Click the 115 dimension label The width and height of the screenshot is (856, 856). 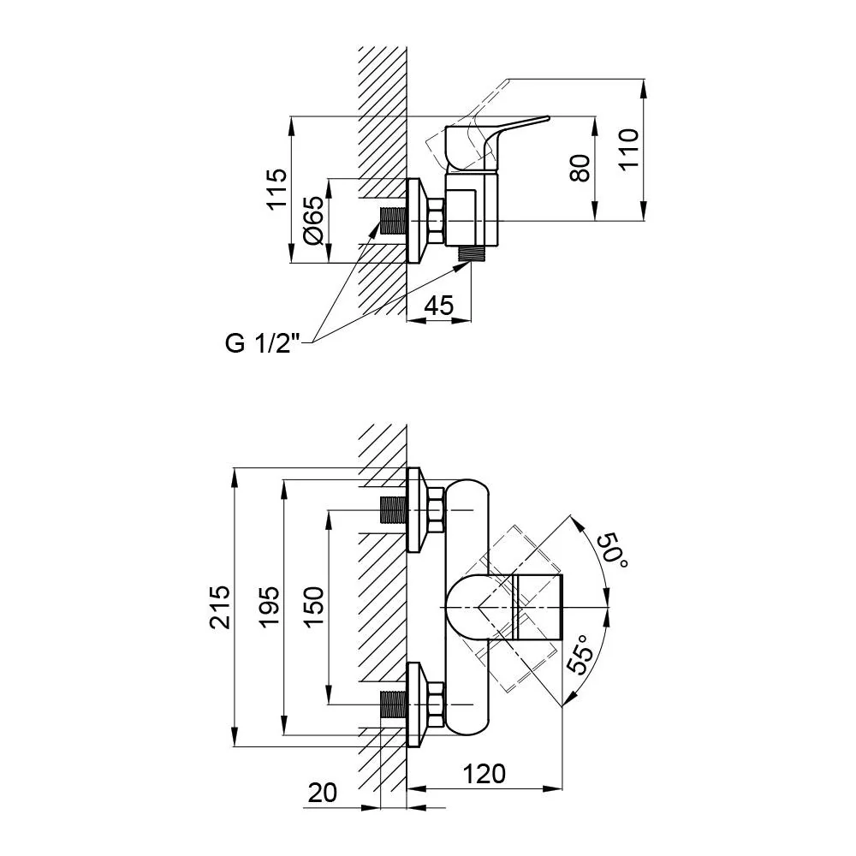click(x=276, y=187)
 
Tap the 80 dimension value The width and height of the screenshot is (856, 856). click(x=580, y=168)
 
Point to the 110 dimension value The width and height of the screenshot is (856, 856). click(x=629, y=150)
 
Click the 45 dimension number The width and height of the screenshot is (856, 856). click(x=439, y=306)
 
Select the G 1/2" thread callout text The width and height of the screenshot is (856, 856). click(x=263, y=344)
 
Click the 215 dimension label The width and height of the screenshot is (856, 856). click(x=221, y=607)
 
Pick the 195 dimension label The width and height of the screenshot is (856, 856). click(x=269, y=607)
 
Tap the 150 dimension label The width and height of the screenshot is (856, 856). click(x=313, y=607)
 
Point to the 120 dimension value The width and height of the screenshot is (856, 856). click(x=484, y=774)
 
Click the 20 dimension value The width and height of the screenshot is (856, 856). click(x=323, y=793)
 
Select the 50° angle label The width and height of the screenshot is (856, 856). click(x=613, y=550)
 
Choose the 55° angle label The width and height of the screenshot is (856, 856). click(x=580, y=655)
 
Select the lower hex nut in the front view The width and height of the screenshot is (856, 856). click(x=435, y=704)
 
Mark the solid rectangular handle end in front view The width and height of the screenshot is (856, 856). click(x=538, y=607)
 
